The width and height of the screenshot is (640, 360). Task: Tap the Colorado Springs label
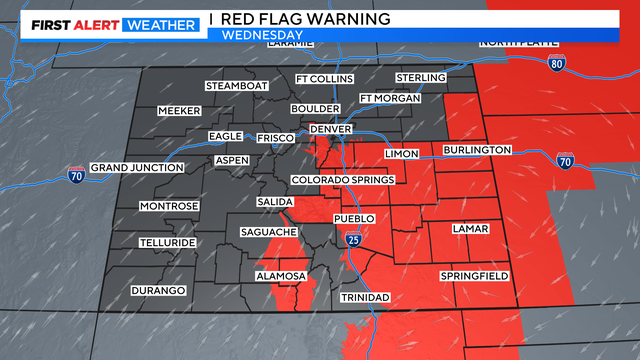(342, 180)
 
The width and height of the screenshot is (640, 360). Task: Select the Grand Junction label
(137, 167)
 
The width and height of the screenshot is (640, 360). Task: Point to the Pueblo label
(354, 218)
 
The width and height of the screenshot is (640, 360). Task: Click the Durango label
(158, 290)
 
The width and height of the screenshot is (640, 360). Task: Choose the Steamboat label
(233, 86)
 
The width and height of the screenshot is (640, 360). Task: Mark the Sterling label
(419, 77)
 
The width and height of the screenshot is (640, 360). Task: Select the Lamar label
(470, 228)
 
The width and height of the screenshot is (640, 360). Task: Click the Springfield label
(474, 275)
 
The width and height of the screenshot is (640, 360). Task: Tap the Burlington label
(477, 150)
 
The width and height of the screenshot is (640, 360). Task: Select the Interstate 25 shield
(354, 240)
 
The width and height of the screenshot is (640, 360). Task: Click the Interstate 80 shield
(557, 63)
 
